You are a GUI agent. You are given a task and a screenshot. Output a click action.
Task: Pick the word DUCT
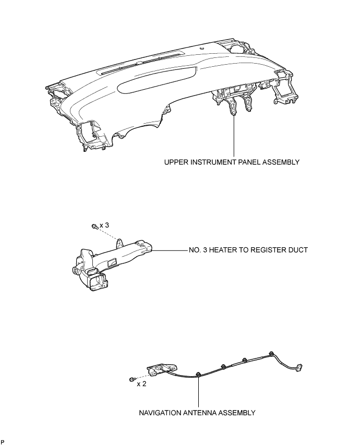pos(297,250)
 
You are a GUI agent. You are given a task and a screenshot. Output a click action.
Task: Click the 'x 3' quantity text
pos(104,225)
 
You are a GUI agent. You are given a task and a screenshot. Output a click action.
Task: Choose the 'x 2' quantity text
pos(141,384)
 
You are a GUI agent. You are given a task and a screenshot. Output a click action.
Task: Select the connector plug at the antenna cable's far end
pos(298,368)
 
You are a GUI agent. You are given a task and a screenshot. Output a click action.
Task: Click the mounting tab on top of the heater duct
pos(120,242)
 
